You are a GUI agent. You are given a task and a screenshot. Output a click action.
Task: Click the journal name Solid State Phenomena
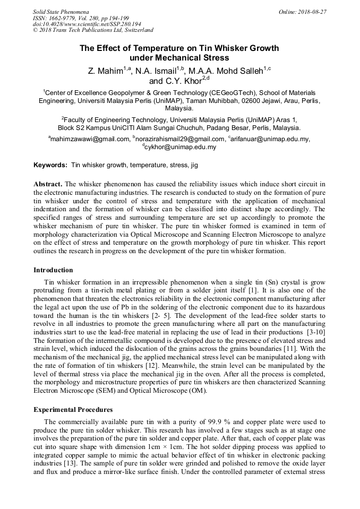[61, 12]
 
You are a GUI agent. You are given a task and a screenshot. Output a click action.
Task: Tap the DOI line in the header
[87, 24]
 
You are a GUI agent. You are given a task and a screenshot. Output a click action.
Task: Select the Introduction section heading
[53, 270]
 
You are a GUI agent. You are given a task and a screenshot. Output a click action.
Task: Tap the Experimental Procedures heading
[73, 410]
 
